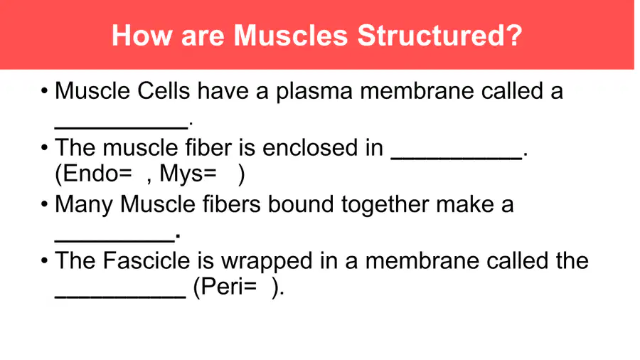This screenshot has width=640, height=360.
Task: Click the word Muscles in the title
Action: (x=291, y=36)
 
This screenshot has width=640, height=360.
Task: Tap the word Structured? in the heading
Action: (x=440, y=36)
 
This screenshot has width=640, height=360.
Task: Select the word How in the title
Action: (x=142, y=36)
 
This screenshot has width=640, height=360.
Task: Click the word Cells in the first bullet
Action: (x=164, y=90)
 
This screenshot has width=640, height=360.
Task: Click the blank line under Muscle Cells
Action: (x=122, y=128)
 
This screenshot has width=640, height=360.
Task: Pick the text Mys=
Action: (x=188, y=174)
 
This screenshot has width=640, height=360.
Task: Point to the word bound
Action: (x=301, y=203)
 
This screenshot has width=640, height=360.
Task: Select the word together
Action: (x=385, y=205)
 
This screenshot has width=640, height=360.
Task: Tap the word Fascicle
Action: (x=146, y=260)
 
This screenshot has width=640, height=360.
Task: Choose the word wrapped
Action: (x=267, y=262)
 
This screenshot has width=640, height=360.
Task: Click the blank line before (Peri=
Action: (x=120, y=297)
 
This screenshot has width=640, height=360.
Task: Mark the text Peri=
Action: (x=228, y=287)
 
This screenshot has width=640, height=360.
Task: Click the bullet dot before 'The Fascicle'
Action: (x=45, y=260)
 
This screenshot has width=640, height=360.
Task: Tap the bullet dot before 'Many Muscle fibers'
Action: (x=45, y=203)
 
